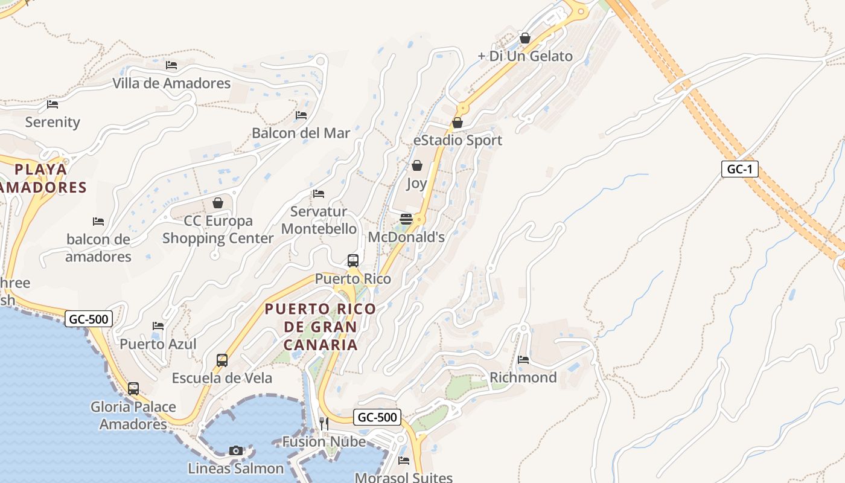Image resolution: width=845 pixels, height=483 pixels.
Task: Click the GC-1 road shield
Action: (739, 169)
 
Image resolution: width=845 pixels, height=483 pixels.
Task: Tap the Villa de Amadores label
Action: (171, 83)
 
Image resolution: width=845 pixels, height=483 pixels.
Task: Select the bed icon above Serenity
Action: (53, 104)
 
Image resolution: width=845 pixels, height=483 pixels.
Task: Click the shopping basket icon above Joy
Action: (416, 165)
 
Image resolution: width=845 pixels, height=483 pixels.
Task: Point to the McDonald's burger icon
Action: (406, 219)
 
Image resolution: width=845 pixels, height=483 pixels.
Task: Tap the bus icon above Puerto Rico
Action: (353, 261)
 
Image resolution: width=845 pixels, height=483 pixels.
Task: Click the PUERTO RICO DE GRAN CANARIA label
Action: (320, 327)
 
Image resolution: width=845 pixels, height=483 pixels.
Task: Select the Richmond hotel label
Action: (523, 377)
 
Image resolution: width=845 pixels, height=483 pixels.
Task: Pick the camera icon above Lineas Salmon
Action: (236, 450)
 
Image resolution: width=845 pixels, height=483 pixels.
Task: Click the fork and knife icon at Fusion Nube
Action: (324, 423)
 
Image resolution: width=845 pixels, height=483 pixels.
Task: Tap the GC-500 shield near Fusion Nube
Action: (377, 417)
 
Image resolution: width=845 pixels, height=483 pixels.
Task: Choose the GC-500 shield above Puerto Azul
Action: (89, 319)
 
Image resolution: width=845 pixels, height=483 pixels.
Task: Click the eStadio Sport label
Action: (458, 140)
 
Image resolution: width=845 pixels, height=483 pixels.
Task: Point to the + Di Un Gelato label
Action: (525, 56)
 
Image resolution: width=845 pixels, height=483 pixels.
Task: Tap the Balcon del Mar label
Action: (301, 133)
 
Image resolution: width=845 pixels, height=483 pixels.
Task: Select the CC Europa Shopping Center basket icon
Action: (218, 203)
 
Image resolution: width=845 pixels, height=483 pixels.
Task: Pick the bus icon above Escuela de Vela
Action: (222, 360)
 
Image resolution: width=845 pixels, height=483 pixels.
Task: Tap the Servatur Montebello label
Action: (319, 220)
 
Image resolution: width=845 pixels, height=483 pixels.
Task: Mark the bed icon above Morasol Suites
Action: (404, 461)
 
